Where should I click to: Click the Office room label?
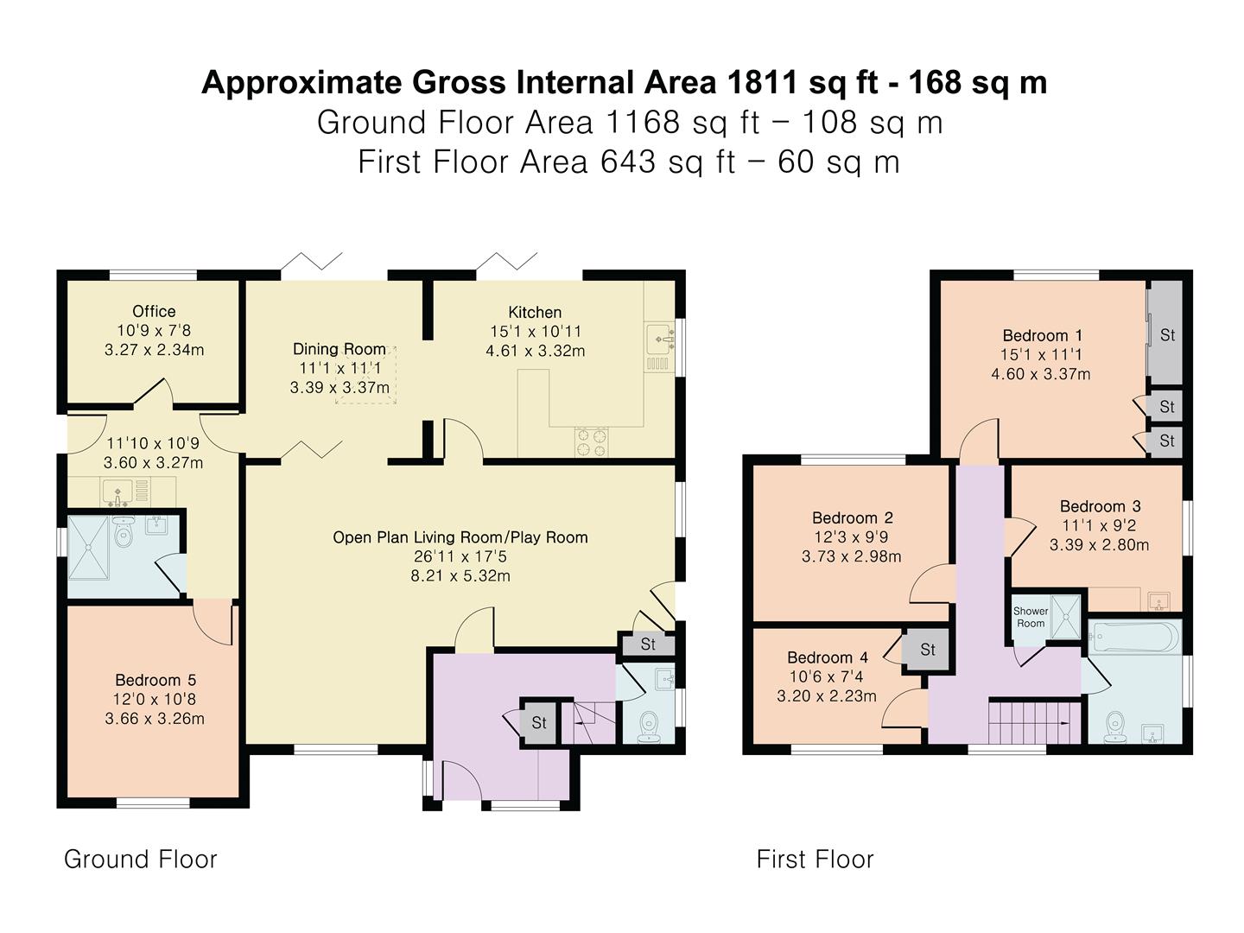tap(154, 311)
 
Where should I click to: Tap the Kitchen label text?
tap(535, 312)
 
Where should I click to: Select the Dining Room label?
tap(339, 349)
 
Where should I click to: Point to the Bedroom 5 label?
tap(155, 680)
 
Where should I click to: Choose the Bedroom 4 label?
tap(828, 657)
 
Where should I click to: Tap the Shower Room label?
tap(1031, 617)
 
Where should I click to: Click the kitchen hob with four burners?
tap(591, 442)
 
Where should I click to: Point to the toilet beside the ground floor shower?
tap(123, 530)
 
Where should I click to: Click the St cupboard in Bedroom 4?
tap(926, 649)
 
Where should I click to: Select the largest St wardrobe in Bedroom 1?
tap(1165, 334)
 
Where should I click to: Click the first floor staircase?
tap(1036, 722)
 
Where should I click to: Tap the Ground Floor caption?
tap(141, 860)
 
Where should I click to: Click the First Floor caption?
tap(815, 860)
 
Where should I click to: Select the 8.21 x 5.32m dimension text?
tap(460, 576)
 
